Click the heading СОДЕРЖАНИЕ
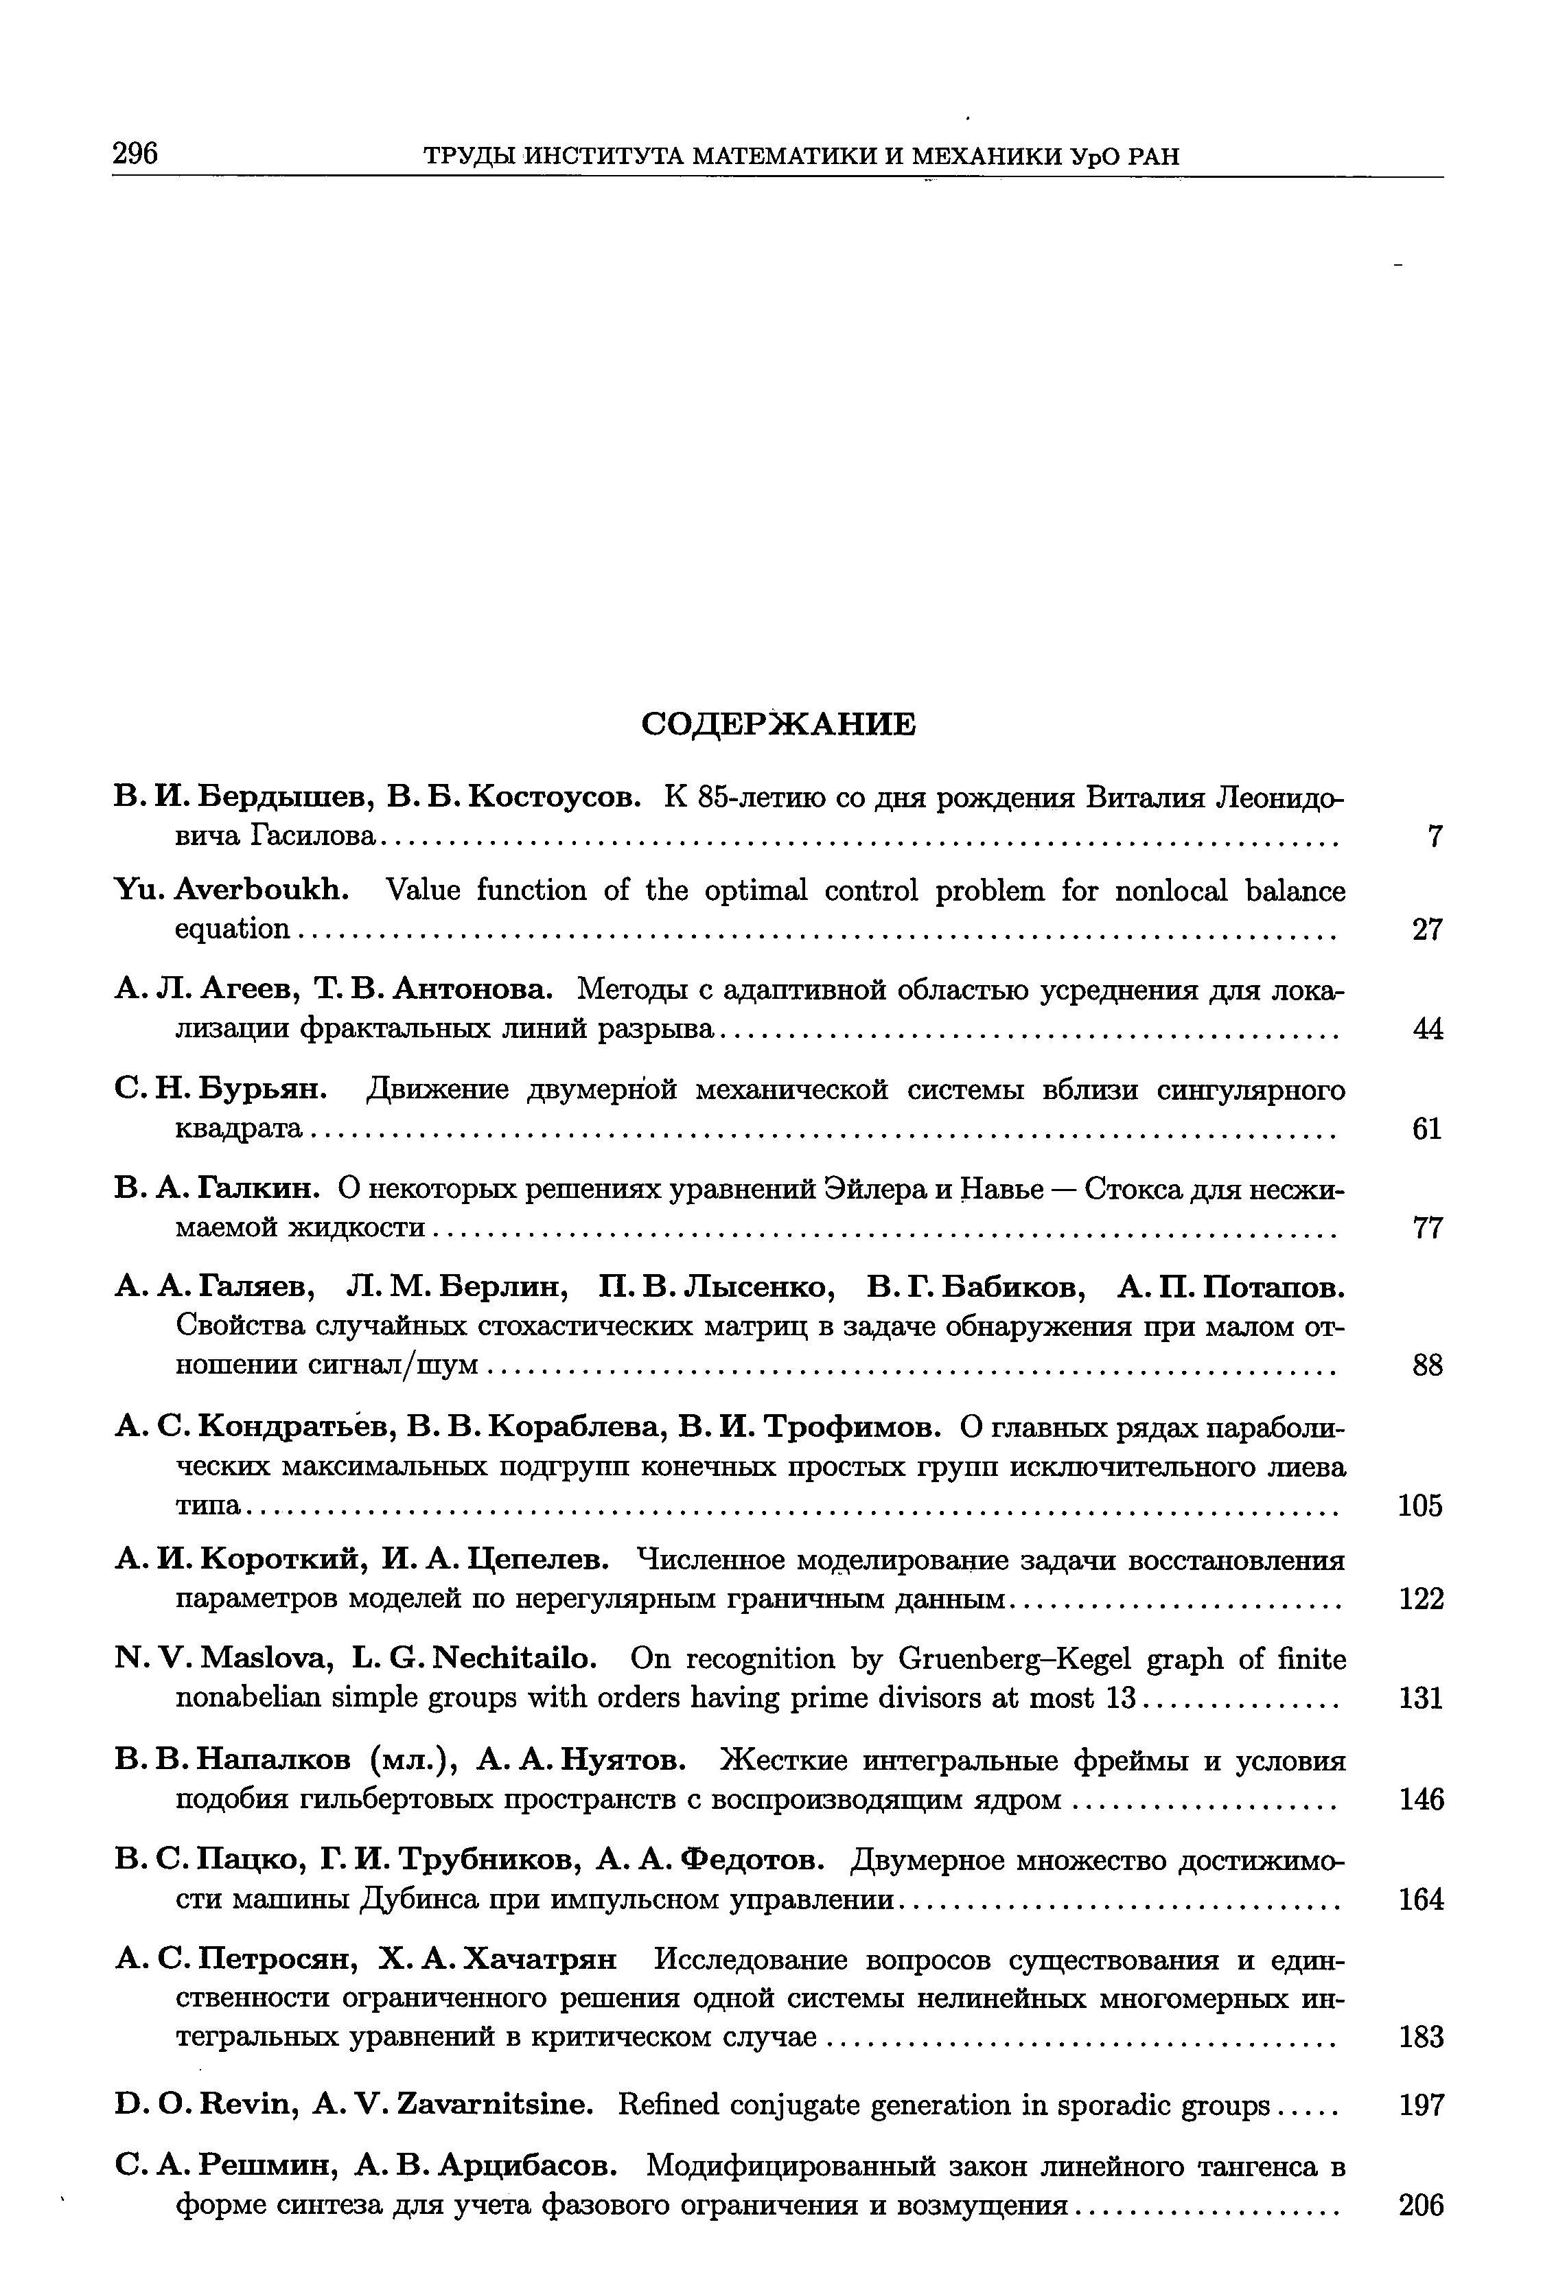[x=777, y=724]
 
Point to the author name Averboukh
[x=263, y=891]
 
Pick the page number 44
[x=1427, y=1029]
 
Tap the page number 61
[x=1427, y=1129]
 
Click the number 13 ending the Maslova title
[x=1120, y=1699]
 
